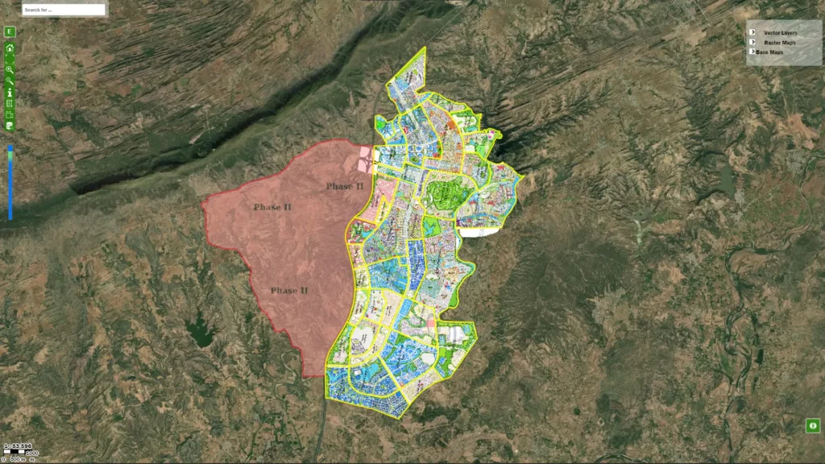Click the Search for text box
coord(64,10)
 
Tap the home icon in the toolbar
coord(10,48)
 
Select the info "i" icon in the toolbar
coord(10,93)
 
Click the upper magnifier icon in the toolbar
coord(10,70)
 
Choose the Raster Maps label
coord(780,42)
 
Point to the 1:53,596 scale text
coord(17,445)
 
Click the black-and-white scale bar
coord(20,453)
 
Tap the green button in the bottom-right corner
coord(813,425)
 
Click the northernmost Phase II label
coord(345,186)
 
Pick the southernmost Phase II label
coord(289,291)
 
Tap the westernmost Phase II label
coord(272,207)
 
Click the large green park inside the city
coord(442,193)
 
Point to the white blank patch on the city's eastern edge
coord(479,232)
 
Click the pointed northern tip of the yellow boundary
coord(424,48)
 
